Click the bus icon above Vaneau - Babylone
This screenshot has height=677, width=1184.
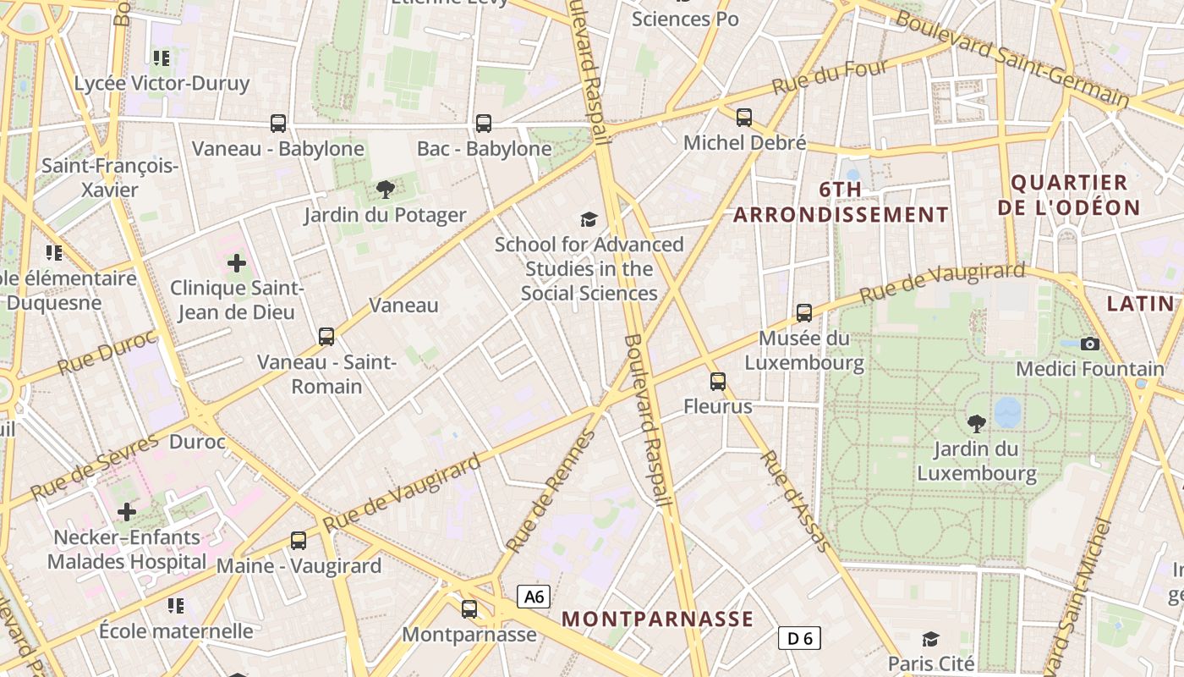pos(278,124)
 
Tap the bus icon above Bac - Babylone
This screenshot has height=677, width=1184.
pos(484,124)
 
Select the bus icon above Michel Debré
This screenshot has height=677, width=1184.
pos(744,118)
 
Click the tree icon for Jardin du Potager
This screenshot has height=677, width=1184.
pos(386,189)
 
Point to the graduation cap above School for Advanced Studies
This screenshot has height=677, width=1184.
pos(589,219)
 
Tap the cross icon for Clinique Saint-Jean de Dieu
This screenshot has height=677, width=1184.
pos(237,262)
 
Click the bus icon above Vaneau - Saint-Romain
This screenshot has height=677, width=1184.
pos(326,337)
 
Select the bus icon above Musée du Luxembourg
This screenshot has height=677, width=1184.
pos(804,313)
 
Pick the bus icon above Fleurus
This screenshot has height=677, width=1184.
pos(718,382)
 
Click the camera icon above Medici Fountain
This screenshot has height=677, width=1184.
pos(1090,344)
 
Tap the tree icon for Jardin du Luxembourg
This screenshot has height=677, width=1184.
pos(977,422)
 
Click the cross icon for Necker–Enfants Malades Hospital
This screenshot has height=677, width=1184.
pos(127,512)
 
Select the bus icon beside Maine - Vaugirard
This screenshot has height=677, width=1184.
pos(299,540)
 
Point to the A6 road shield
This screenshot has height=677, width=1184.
pos(534,597)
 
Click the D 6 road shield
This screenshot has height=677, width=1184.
pos(799,638)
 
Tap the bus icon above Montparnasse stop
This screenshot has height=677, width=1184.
pos(469,608)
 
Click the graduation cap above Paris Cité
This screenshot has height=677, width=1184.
pos(930,638)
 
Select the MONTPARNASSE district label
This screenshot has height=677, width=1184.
pos(657,619)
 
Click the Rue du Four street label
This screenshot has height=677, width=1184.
pos(830,77)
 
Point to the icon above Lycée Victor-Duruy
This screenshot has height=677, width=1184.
pos(162,58)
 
